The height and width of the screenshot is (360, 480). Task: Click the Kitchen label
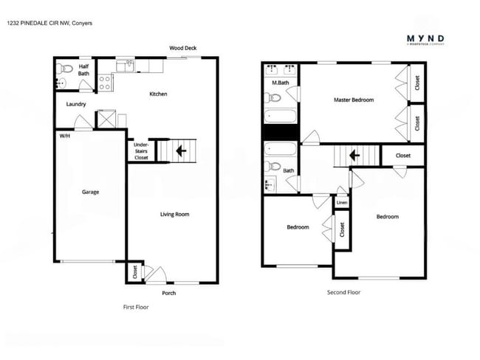[x=158, y=94]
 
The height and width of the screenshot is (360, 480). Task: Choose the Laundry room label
[x=76, y=104]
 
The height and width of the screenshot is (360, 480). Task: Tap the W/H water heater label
[x=64, y=136]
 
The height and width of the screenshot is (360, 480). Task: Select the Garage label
[x=90, y=192]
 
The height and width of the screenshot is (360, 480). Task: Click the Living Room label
[x=176, y=215]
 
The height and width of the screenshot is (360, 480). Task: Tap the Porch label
[x=168, y=293]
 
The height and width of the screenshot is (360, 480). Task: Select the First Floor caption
[x=135, y=306]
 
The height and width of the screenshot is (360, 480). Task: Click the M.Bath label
[x=280, y=82]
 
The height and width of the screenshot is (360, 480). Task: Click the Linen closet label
[x=342, y=201]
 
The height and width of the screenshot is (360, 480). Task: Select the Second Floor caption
[x=343, y=292]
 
